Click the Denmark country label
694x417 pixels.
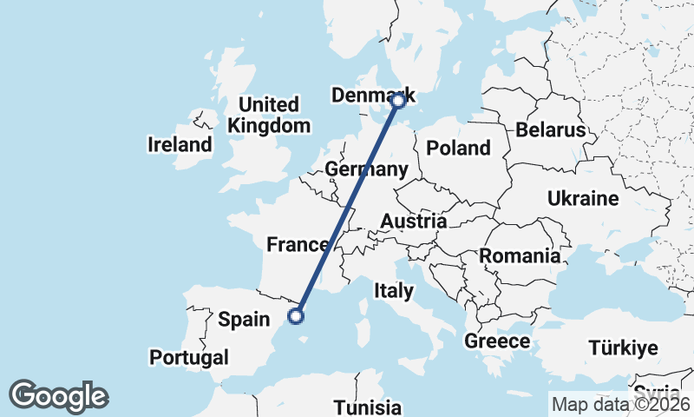click(x=370, y=96)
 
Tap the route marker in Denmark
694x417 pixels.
click(x=398, y=101)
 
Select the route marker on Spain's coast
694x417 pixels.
click(x=296, y=315)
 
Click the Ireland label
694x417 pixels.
click(x=180, y=144)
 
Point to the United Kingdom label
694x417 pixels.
click(x=269, y=115)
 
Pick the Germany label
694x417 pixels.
click(x=365, y=169)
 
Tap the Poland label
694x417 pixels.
click(x=458, y=148)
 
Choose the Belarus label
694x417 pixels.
click(x=551, y=130)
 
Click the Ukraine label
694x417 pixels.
click(x=583, y=198)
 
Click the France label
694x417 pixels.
click(x=298, y=245)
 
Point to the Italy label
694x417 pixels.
click(x=394, y=290)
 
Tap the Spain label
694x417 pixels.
click(x=244, y=319)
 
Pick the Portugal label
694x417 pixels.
click(x=189, y=357)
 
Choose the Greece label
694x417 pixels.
click(x=497, y=341)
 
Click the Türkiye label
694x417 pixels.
click(x=623, y=348)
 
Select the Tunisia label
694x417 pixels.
click(x=368, y=407)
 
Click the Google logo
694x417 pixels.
click(x=59, y=396)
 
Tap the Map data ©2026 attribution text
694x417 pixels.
click(x=620, y=404)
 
